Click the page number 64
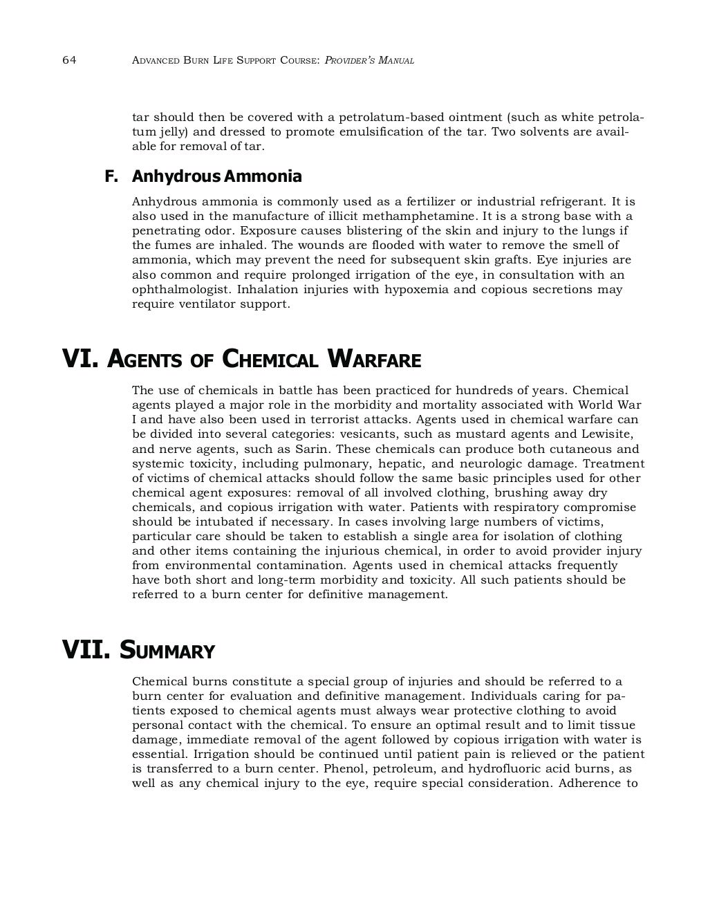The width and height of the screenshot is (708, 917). [x=68, y=60]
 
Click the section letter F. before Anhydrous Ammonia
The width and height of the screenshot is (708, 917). [x=111, y=176]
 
